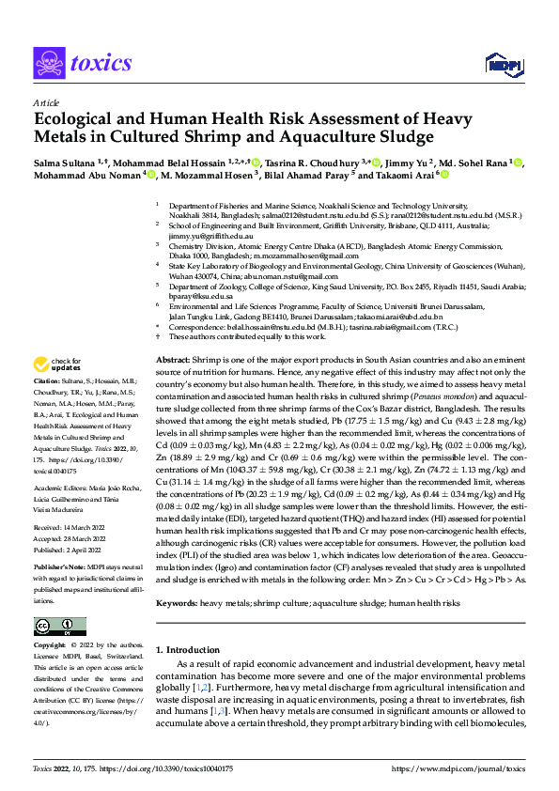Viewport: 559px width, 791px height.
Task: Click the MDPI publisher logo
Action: point(499,63)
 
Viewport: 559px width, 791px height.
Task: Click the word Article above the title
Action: point(45,102)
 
